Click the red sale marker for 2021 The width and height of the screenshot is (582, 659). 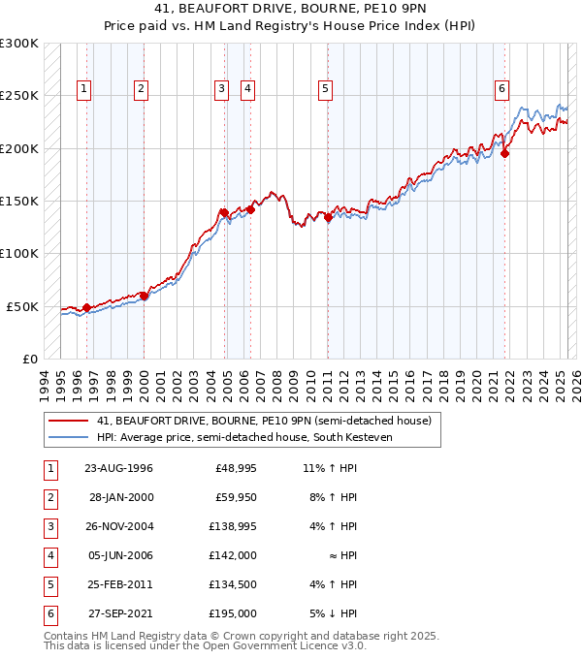point(505,153)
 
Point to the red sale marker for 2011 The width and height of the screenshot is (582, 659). point(328,218)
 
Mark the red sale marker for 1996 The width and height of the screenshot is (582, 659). point(86,307)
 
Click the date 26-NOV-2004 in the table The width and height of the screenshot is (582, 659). point(118,527)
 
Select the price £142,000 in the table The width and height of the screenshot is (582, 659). point(233,556)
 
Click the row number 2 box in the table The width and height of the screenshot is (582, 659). point(49,498)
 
